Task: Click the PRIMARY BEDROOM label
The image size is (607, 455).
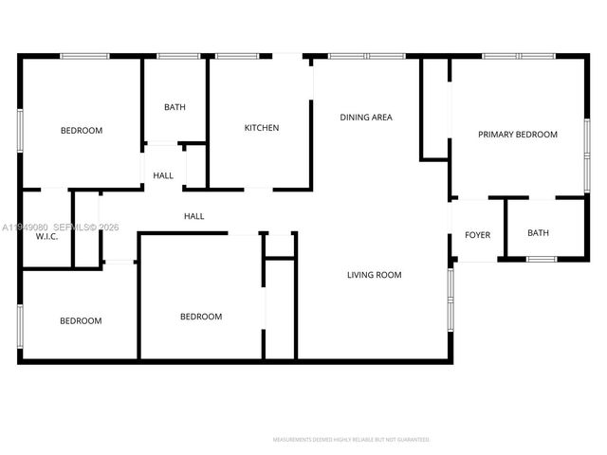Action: point(517,135)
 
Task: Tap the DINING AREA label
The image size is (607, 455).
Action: point(366,118)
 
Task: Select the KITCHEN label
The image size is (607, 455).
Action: point(262,128)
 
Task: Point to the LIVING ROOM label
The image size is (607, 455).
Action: point(374,275)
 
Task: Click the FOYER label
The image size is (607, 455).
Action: point(477,234)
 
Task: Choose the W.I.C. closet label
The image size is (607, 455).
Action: point(47,236)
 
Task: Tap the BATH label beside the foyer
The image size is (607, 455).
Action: point(538,233)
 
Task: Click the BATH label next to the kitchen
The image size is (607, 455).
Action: point(175,107)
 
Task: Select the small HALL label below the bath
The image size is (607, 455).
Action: point(163,175)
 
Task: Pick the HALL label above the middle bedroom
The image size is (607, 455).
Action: point(193,216)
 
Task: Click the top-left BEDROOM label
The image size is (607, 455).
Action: point(82,131)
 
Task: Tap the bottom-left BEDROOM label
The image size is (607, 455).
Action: point(81,321)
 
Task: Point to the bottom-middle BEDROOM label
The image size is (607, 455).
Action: point(201,317)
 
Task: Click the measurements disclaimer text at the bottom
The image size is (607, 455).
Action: point(351,440)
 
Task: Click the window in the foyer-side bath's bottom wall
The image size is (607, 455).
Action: point(541,259)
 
